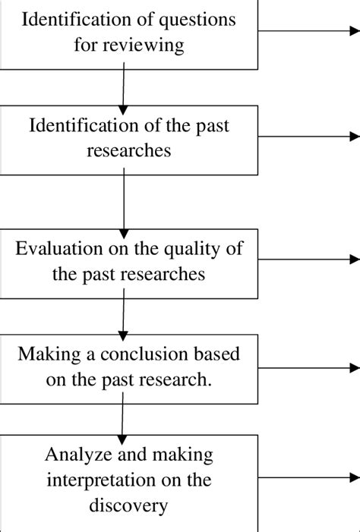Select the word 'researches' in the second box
click(x=128, y=150)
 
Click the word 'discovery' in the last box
click(x=128, y=505)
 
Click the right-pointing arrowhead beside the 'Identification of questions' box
click(x=354, y=32)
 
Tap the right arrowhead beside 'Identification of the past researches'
click(x=354, y=137)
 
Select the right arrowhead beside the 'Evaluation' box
click(x=354, y=260)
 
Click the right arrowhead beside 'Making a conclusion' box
click(x=354, y=369)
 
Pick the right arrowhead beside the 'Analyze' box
click(x=354, y=477)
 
